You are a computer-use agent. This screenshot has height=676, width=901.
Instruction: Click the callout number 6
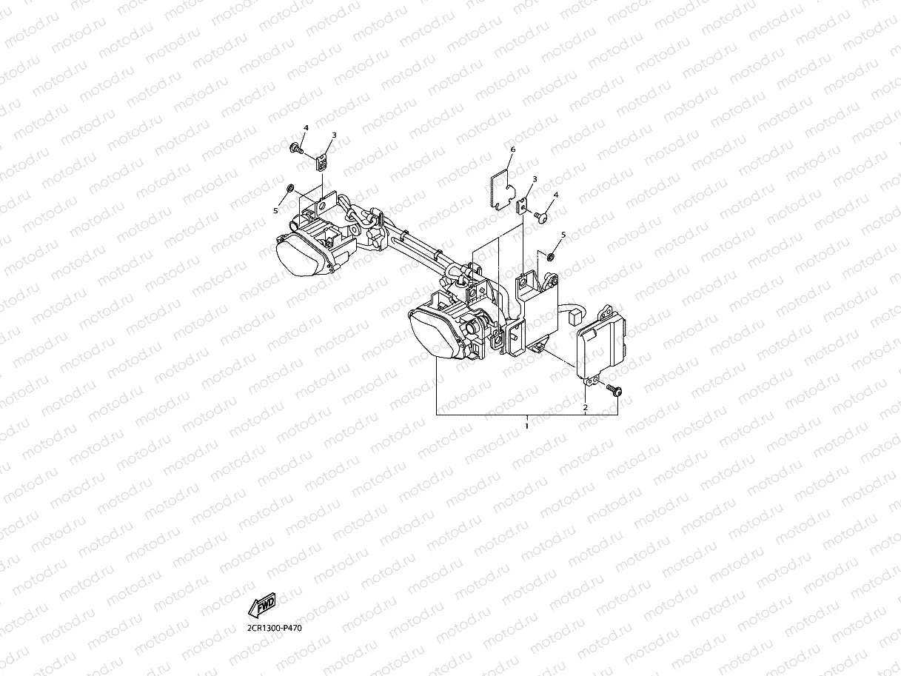click(x=512, y=150)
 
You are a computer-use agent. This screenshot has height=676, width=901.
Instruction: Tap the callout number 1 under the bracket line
click(x=526, y=426)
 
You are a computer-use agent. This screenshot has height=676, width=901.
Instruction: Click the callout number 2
click(x=585, y=407)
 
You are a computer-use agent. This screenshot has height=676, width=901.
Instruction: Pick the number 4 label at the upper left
click(x=305, y=127)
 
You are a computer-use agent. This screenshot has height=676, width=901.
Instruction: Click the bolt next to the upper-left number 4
click(x=296, y=149)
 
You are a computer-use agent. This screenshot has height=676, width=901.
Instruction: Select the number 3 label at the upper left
click(x=334, y=135)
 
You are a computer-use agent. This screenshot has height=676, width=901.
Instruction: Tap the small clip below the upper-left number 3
click(x=322, y=160)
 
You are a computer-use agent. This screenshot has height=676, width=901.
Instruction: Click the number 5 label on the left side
click(x=275, y=210)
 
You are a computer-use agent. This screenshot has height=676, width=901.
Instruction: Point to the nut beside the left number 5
click(x=291, y=187)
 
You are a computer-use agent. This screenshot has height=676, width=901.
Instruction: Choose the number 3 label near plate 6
click(x=535, y=179)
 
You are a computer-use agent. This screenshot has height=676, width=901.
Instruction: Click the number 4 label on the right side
click(x=556, y=194)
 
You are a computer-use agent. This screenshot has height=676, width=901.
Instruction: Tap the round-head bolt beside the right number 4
click(x=540, y=216)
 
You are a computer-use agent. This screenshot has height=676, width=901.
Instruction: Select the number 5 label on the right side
click(x=563, y=235)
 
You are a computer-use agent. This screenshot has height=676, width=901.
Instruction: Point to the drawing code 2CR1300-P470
click(x=275, y=628)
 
